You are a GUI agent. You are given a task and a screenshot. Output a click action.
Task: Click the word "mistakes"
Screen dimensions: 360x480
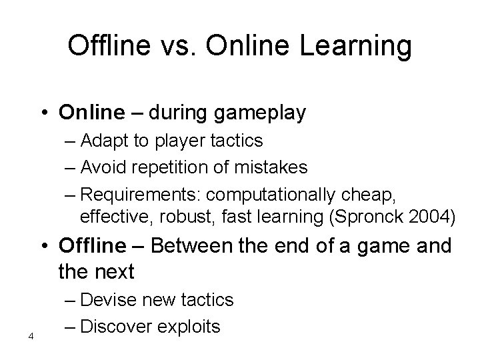pyautogui.click(x=271, y=167)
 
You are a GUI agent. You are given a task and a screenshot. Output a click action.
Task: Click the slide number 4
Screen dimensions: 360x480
pyautogui.click(x=31, y=335)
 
